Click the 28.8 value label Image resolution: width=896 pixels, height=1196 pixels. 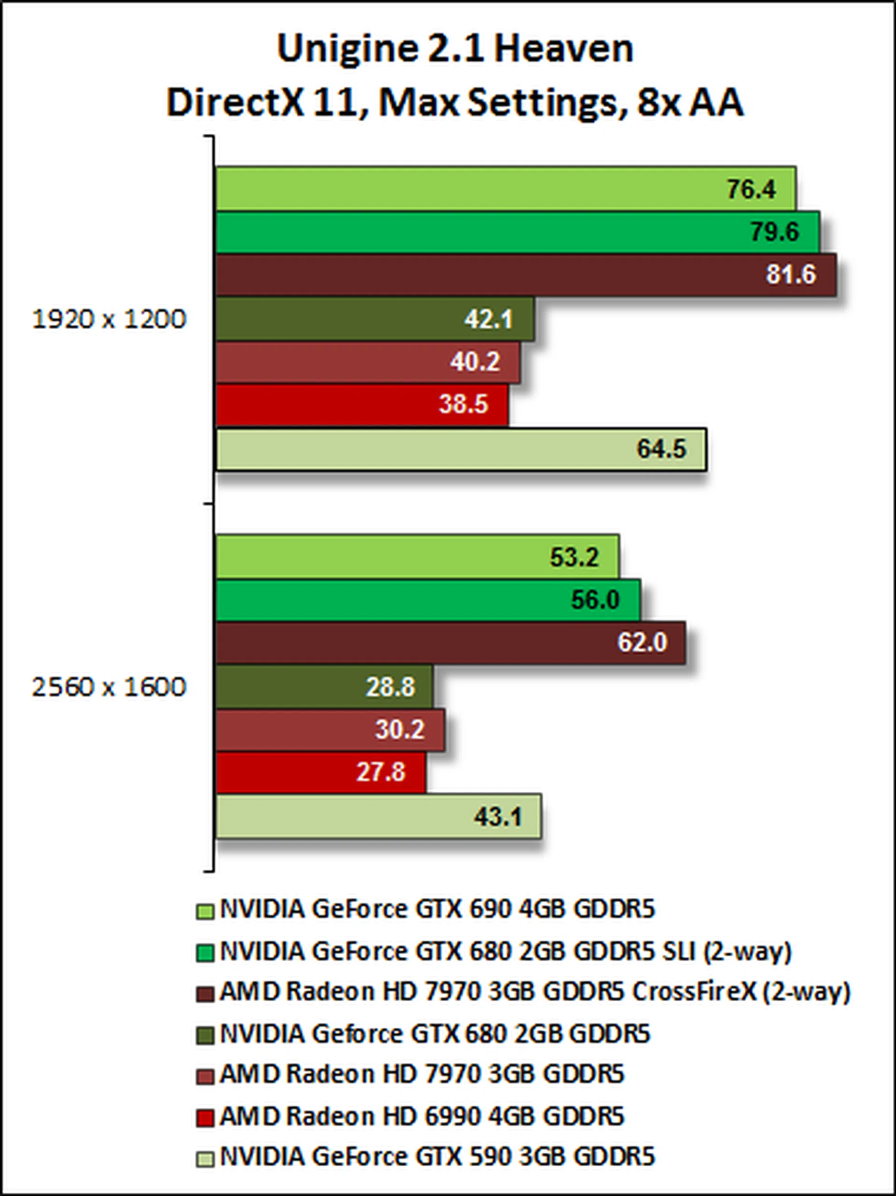click(390, 687)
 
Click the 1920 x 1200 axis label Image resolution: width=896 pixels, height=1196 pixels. click(109, 320)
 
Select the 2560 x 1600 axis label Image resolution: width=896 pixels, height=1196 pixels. click(109, 687)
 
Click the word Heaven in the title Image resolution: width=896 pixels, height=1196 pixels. click(563, 49)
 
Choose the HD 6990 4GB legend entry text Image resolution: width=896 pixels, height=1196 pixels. click(421, 1116)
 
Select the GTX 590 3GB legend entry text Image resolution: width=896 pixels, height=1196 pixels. click(437, 1157)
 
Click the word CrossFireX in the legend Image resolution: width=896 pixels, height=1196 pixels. click(694, 992)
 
